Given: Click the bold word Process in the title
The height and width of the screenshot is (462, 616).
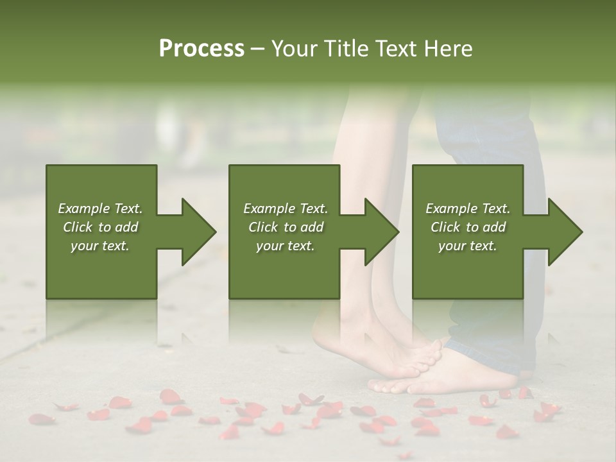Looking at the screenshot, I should (201, 49).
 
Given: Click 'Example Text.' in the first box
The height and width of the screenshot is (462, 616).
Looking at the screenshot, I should (100, 209).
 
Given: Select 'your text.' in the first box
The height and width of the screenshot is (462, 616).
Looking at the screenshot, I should (100, 246).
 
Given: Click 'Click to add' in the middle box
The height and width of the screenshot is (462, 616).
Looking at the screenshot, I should (286, 227).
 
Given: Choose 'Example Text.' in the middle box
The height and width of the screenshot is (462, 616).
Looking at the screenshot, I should (286, 209).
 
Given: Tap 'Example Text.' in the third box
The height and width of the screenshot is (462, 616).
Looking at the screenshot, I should (468, 209).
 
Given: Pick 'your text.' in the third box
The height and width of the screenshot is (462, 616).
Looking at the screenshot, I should (468, 246).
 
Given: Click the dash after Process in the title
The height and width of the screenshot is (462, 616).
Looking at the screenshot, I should (257, 49).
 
